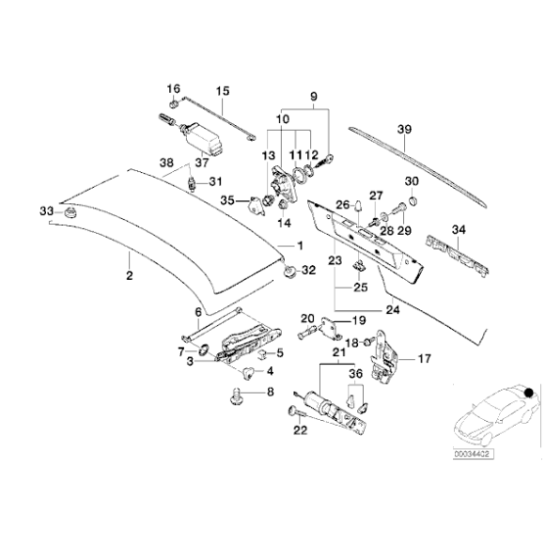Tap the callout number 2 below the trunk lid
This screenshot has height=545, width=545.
[129, 275]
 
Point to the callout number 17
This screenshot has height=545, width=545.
[423, 358]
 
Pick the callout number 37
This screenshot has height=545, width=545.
[199, 161]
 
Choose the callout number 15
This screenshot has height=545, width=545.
[223, 91]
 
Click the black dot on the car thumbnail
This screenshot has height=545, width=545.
[530, 391]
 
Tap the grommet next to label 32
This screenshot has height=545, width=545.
[289, 272]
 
